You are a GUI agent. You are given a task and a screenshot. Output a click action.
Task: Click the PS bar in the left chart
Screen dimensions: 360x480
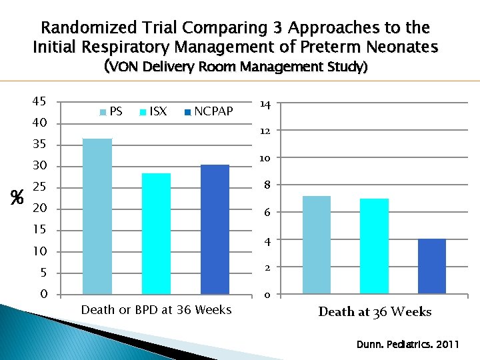(x=97, y=217)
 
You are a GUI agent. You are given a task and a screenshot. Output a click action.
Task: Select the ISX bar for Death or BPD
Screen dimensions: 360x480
(x=156, y=234)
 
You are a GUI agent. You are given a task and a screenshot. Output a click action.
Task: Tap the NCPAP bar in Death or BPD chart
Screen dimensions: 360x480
(x=215, y=229)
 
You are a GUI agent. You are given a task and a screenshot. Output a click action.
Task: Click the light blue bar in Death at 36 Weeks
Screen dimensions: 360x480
(x=316, y=245)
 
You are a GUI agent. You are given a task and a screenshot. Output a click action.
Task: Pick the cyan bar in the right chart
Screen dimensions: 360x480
(x=374, y=246)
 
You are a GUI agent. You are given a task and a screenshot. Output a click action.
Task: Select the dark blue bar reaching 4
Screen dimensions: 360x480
(x=431, y=266)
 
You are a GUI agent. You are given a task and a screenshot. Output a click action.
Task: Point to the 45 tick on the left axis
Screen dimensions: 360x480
(x=38, y=101)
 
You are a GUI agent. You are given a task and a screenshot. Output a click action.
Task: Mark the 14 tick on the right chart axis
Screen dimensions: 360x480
(x=265, y=105)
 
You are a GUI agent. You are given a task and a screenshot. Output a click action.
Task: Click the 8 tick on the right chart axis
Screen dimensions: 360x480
(x=265, y=185)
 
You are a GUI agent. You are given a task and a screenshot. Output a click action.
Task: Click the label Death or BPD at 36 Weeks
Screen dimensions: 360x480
(x=156, y=309)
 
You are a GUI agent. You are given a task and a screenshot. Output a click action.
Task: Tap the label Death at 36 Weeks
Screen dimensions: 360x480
(x=375, y=312)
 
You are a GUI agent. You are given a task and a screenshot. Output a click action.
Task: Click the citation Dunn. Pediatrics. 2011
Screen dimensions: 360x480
(x=407, y=345)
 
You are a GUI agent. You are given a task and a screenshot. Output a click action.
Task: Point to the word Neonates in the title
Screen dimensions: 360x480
(x=405, y=47)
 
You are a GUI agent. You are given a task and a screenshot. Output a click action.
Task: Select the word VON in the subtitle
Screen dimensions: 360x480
(x=123, y=67)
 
